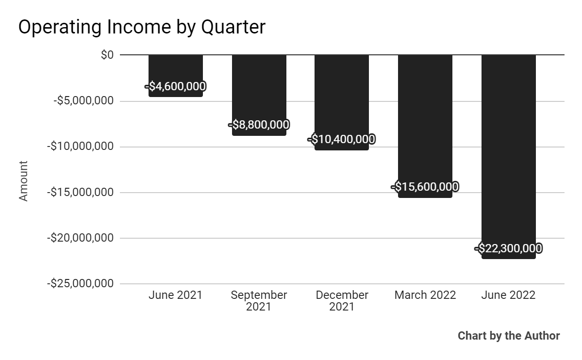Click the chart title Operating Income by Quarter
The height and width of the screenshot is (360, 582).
[142, 27]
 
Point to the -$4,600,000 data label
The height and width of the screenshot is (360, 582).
[175, 87]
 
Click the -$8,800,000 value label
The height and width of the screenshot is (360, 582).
[259, 125]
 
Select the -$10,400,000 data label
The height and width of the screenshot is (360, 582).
[341, 140]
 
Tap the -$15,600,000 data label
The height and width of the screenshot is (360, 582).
[425, 187]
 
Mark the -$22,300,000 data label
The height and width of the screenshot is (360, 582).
[508, 248]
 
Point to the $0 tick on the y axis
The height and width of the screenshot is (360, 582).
[107, 55]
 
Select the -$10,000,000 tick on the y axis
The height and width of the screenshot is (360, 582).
[81, 147]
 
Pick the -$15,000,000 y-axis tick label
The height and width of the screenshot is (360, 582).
[81, 192]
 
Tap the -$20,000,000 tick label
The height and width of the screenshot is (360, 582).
[81, 238]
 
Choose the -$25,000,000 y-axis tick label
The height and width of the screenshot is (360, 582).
[81, 283]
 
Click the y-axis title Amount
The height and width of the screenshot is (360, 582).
[24, 181]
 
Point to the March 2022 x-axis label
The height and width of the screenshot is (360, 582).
[425, 295]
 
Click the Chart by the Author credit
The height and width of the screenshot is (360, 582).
[508, 336]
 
